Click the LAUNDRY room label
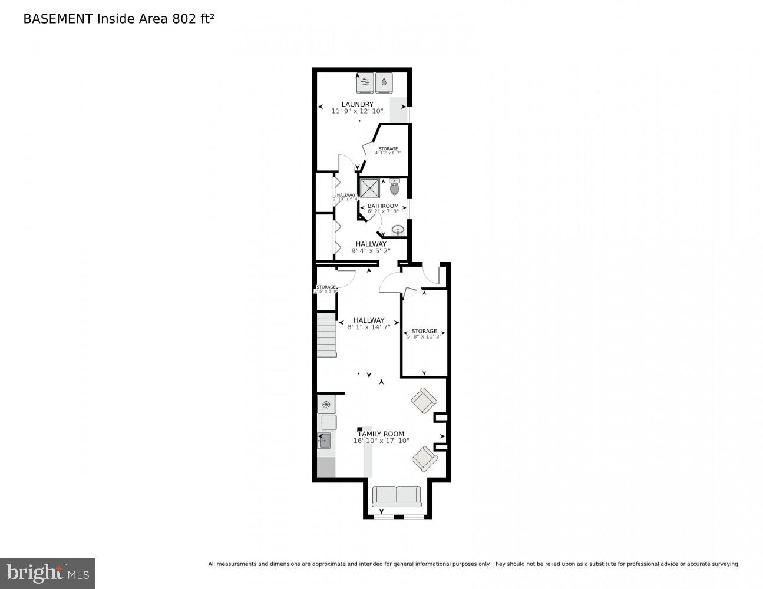357,104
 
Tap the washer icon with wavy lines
365,82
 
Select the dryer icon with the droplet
384,82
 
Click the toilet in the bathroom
395,188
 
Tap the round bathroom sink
398,229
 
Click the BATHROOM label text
383,206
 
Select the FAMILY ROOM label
381,434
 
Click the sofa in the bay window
397,496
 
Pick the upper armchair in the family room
424,401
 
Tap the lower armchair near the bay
424,458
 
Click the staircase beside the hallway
326,335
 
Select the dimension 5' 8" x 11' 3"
424,337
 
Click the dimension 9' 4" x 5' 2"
371,250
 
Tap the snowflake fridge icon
326,405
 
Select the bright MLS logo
48,573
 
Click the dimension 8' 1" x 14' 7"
369,327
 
